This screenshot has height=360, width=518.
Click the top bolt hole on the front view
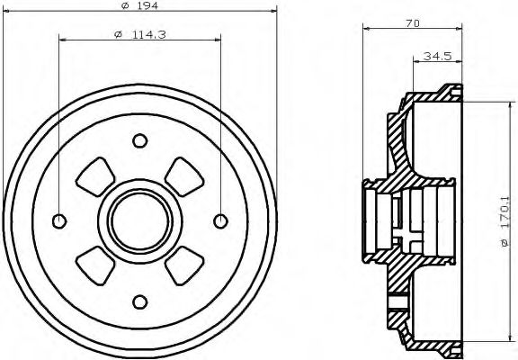[x=139, y=140]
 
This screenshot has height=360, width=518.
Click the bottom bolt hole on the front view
[x=139, y=301]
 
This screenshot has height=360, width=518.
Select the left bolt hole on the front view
[x=59, y=220]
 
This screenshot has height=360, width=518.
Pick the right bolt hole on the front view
[x=219, y=220]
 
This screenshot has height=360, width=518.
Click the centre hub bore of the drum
[x=139, y=220]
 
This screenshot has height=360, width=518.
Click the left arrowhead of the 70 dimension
[x=366, y=30]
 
